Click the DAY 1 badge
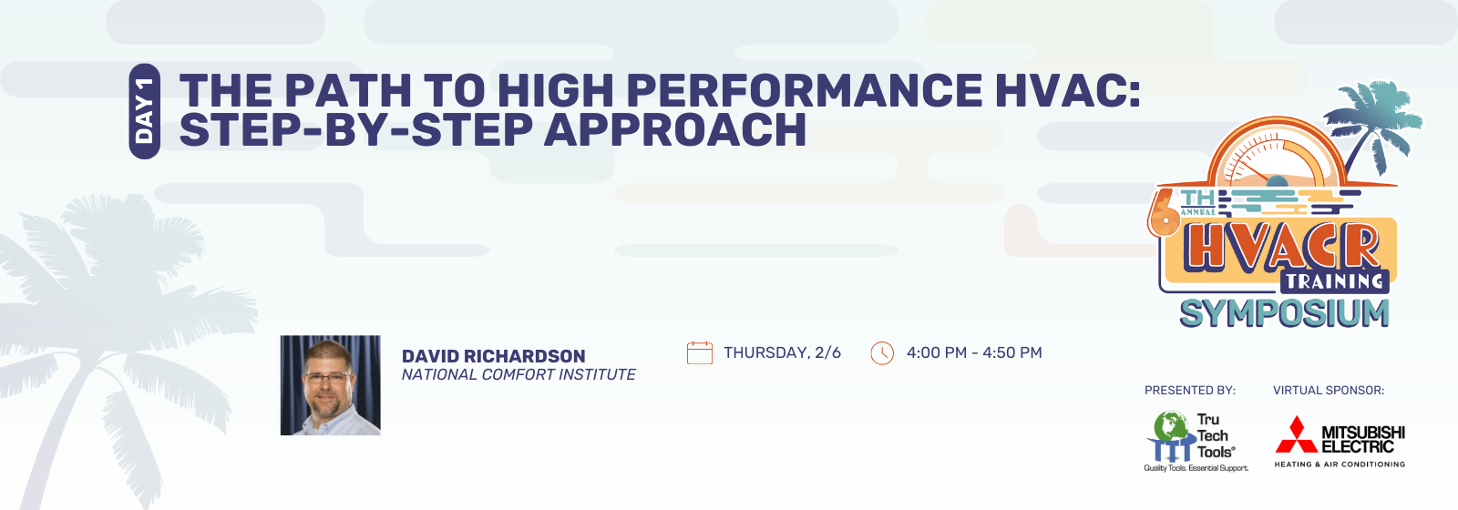[x=145, y=111]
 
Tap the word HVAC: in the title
[x=1068, y=90]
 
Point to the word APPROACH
[x=675, y=128]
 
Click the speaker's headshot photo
[x=330, y=385]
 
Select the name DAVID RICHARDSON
[x=493, y=356]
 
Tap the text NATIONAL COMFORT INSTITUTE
[x=519, y=374]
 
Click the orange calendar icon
[x=700, y=352]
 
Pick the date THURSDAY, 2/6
[x=783, y=352]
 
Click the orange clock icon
[x=882, y=353]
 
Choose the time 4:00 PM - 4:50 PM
[x=974, y=352]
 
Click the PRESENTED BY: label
[x=1190, y=391]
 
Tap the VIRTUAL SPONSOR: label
[x=1329, y=391]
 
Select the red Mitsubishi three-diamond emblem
[x=1297, y=434]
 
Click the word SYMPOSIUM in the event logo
[x=1284, y=313]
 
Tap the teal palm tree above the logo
[x=1373, y=124]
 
